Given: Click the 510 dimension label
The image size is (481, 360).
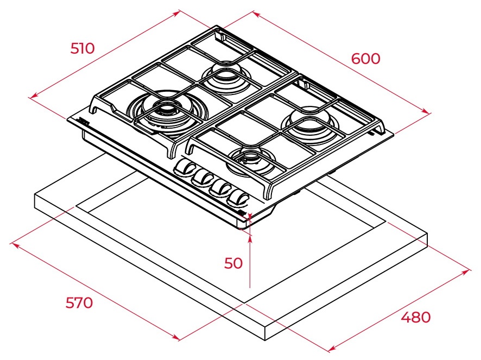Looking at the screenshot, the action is (x=83, y=48).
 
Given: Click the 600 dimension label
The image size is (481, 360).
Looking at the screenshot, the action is (x=366, y=59).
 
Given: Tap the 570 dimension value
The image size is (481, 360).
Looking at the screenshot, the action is (x=79, y=302).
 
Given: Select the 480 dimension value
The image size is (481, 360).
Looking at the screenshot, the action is (x=416, y=317).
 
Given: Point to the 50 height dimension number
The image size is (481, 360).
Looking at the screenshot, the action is (x=233, y=263).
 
